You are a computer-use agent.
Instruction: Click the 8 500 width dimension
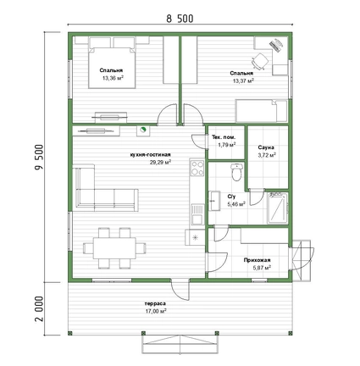pyautogui.click(x=180, y=19)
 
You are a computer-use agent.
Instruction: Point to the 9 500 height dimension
pyautogui.click(x=39, y=157)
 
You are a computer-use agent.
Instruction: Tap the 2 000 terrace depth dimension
pyautogui.click(x=39, y=308)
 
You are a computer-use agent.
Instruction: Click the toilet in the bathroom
pyautogui.click(x=236, y=172)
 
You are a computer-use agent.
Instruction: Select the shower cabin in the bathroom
pyautogui.click(x=278, y=208)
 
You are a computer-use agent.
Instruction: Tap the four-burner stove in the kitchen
pyautogui.click(x=197, y=168)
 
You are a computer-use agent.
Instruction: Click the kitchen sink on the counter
pyautogui.click(x=197, y=214)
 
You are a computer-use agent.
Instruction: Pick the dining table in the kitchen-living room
pyautogui.click(x=114, y=247)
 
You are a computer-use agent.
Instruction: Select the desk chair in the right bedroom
pyautogui.click(x=259, y=61)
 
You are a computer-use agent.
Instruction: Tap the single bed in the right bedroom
pyautogui.click(x=262, y=110)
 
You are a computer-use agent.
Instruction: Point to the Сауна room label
pyautogui.click(x=266, y=147)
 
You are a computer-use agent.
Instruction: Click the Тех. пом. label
pyautogui.click(x=224, y=137)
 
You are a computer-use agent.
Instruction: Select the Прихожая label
pyautogui.click(x=258, y=260)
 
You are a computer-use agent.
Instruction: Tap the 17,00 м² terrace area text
pyautogui.click(x=156, y=311)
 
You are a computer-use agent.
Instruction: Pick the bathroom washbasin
pyautogui.click(x=214, y=201)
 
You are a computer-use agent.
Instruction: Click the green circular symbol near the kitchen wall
pyautogui.click(x=143, y=130)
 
